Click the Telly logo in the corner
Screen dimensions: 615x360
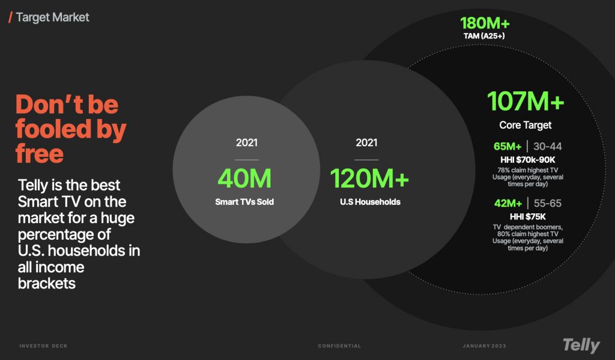(581, 346)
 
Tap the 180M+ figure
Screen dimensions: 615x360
(485, 23)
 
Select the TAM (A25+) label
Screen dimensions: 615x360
(484, 36)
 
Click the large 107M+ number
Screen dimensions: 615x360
(526, 101)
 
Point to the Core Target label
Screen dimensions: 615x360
(525, 125)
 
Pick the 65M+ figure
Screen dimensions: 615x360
(507, 147)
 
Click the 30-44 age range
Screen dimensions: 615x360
(548, 147)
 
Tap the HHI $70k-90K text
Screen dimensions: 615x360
(527, 160)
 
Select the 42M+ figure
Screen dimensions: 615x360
(508, 203)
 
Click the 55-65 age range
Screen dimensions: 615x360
(548, 203)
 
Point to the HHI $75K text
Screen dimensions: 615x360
(527, 217)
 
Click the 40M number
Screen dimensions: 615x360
(244, 178)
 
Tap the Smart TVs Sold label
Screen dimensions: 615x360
(244, 202)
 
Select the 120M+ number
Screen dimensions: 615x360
(369, 178)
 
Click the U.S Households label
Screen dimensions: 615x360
(370, 202)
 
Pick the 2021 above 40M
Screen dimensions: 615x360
(247, 142)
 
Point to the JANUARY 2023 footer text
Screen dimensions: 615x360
(485, 346)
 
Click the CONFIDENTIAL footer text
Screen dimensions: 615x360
(339, 346)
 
